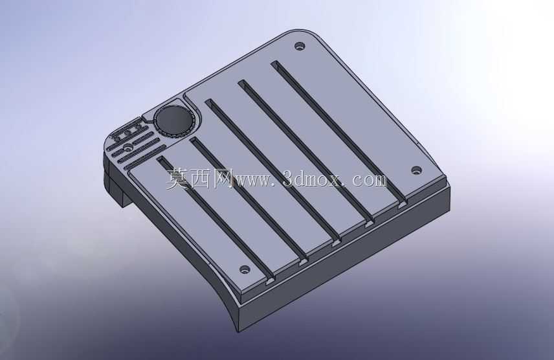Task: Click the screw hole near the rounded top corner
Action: click(300, 46)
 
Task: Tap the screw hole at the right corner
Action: click(417, 170)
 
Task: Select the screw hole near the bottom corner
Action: click(245, 270)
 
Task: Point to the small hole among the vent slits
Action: click(128, 146)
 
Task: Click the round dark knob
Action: click(174, 119)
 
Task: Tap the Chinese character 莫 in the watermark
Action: click(178, 179)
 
